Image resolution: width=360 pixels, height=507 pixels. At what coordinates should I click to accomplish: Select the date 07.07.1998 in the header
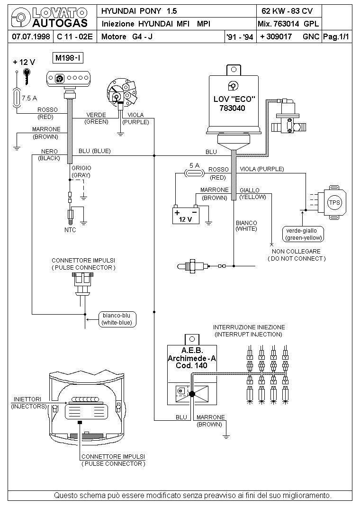(x=31, y=36)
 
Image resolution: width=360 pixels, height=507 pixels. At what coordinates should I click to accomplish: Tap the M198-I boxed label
(x=68, y=58)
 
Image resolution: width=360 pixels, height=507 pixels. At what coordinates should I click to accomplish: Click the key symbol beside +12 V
(x=27, y=76)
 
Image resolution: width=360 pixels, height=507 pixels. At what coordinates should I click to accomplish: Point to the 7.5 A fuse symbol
(x=17, y=97)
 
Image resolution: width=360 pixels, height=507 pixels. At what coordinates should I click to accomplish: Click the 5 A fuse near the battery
(x=194, y=173)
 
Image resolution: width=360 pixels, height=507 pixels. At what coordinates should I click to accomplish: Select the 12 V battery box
(x=186, y=215)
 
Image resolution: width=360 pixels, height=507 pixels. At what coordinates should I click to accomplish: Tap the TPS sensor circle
(x=334, y=203)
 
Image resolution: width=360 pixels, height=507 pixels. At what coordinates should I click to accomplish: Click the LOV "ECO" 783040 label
(x=234, y=103)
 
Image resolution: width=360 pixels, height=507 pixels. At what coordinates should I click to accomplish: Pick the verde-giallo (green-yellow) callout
(x=304, y=234)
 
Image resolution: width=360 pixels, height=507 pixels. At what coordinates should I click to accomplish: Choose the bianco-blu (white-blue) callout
(x=117, y=319)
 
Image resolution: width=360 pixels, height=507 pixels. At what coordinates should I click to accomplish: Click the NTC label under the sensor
(x=70, y=230)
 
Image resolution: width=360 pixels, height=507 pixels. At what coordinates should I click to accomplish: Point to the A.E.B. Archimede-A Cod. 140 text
(x=192, y=358)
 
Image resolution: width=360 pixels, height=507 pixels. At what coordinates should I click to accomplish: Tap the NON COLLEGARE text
(x=296, y=251)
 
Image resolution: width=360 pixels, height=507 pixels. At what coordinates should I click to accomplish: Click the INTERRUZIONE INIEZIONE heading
(x=249, y=327)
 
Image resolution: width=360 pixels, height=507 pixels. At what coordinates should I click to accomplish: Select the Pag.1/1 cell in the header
(x=336, y=37)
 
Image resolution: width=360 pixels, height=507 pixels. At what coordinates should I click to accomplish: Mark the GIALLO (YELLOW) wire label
(x=252, y=193)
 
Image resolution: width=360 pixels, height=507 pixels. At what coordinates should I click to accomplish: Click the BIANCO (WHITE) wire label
(x=247, y=226)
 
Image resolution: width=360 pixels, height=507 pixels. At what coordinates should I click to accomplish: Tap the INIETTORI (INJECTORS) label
(x=29, y=403)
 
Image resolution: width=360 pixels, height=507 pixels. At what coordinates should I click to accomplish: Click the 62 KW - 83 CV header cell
(x=287, y=11)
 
